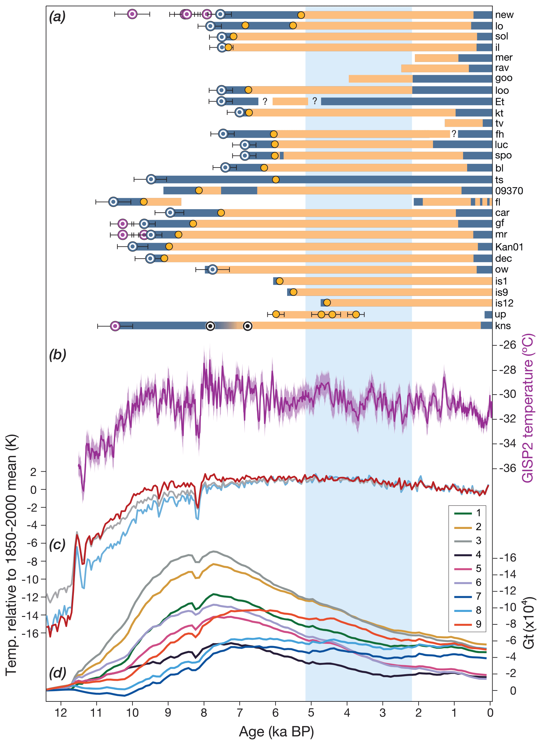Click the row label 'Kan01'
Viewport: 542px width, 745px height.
click(x=509, y=247)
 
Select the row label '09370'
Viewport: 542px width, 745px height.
click(x=509, y=191)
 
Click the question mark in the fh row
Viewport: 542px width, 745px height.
click(x=454, y=134)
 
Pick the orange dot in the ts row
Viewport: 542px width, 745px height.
click(x=276, y=179)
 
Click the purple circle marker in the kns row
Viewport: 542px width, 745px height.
click(x=115, y=326)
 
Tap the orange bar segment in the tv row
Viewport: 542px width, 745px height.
click(x=463, y=123)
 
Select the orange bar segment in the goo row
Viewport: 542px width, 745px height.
click(x=380, y=79)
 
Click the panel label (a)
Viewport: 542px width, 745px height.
click(x=57, y=16)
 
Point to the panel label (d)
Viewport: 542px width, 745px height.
click(x=57, y=673)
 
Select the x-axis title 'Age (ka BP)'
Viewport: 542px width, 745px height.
click(x=276, y=732)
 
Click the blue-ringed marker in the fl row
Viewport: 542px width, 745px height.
click(x=113, y=202)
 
